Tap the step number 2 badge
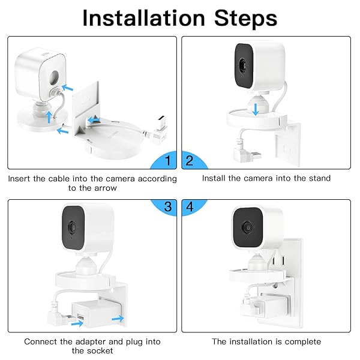point(190,161)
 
